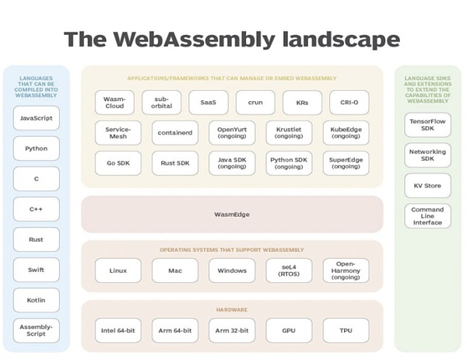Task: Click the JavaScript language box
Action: pos(36,118)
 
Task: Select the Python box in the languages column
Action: pos(36,149)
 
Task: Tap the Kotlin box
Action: pos(36,299)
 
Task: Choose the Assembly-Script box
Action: pos(36,330)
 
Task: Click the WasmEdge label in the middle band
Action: pos(232,214)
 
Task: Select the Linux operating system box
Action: pos(118,271)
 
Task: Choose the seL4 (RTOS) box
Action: pos(289,271)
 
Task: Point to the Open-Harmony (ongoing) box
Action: pos(345,271)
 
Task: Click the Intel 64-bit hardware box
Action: pos(118,330)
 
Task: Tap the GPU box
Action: pos(289,330)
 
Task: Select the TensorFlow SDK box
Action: pos(427,125)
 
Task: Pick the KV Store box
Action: pos(427,186)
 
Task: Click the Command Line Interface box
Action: pos(427,216)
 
